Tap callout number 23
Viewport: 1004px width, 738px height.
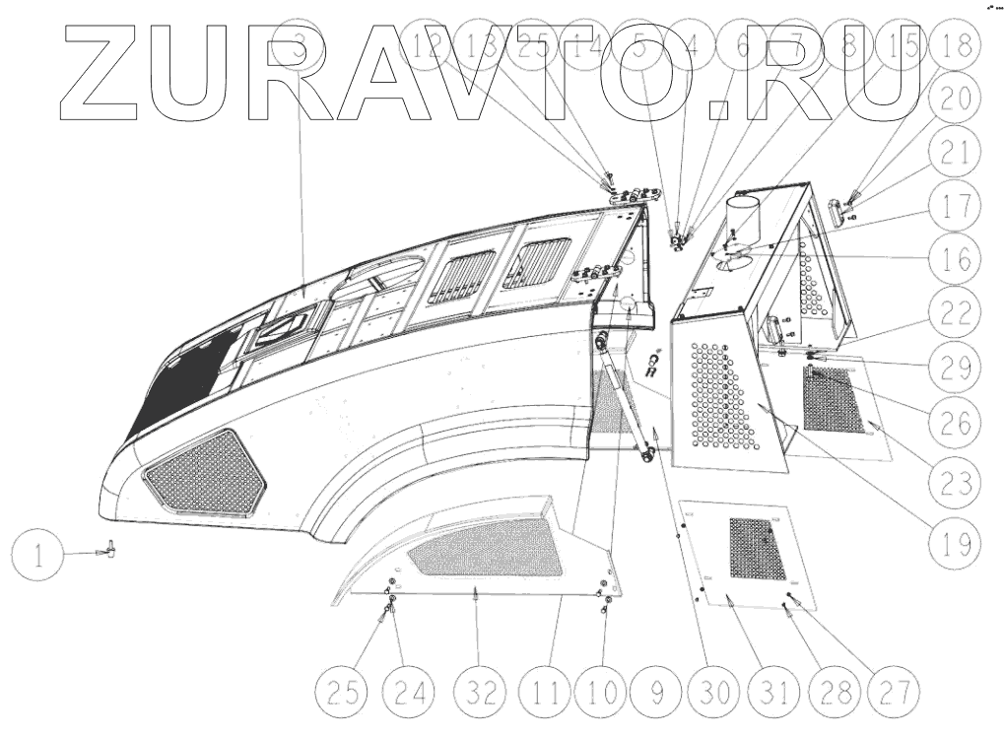click(x=953, y=482)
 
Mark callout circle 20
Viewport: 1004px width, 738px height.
click(x=953, y=97)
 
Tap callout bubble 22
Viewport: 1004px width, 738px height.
click(x=953, y=314)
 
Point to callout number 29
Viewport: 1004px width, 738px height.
click(x=953, y=369)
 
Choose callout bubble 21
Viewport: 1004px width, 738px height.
click(x=953, y=151)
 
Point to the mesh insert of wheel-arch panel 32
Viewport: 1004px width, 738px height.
click(x=487, y=548)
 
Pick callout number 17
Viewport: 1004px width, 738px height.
click(x=953, y=206)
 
